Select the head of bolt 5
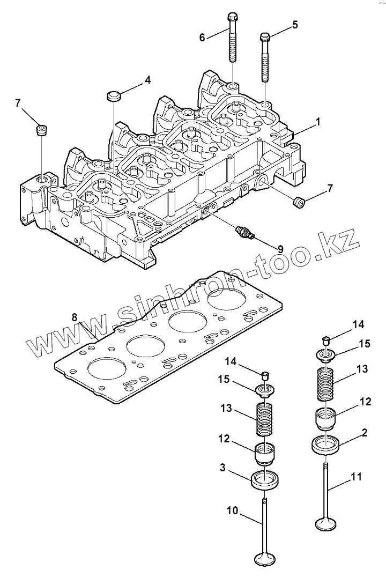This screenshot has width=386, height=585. pyautogui.click(x=264, y=37)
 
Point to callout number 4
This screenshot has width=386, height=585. pyautogui.click(x=147, y=80)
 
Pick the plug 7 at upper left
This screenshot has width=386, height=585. pyautogui.click(x=41, y=130)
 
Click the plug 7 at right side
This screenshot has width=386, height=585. pyautogui.click(x=299, y=202)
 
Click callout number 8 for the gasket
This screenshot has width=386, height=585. pyautogui.click(x=75, y=317)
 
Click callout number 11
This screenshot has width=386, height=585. pyautogui.click(x=357, y=476)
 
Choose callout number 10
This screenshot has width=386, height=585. pyautogui.click(x=232, y=510)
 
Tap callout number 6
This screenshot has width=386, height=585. pyautogui.click(x=202, y=37)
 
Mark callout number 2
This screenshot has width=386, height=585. pyautogui.click(x=364, y=432)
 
